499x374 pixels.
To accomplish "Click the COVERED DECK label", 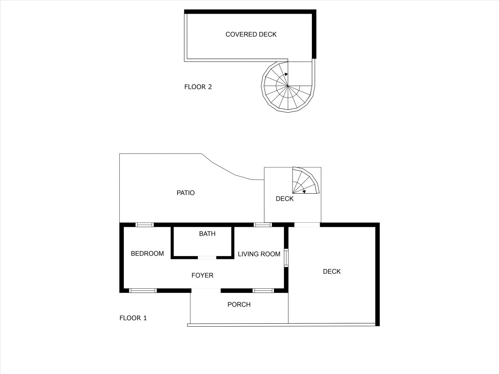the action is coord(251,34).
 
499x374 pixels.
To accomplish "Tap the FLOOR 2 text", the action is coord(198,87).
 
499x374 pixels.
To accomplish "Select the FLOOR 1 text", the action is coord(133,318).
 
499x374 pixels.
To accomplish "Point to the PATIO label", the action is coord(185,193).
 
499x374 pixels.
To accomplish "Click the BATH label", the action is coord(207,234).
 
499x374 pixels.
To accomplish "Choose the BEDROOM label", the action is coord(147,253).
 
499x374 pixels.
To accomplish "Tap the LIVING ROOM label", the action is coord(259,254).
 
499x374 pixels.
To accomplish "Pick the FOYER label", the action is coord(203,276).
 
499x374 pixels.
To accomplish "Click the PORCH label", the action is coord(239,305).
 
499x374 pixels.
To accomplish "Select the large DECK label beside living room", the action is coord(332,271).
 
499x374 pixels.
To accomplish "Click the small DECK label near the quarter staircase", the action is coord(284,199).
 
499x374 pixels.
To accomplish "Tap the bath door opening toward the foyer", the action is coord(207,258).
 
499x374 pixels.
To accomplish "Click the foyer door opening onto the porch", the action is coord(206,290).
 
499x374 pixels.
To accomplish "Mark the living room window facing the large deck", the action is coord(286,258).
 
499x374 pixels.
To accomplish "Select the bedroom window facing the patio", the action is coord(145,225).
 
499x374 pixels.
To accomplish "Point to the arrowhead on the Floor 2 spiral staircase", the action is coord(286,74).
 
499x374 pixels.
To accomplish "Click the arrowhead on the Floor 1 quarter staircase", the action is coord(304,192).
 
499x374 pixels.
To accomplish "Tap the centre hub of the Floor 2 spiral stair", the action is coord(288,86).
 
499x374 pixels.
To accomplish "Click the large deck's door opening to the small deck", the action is coord(307,225).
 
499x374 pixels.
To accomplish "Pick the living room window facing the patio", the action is coord(263,225).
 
